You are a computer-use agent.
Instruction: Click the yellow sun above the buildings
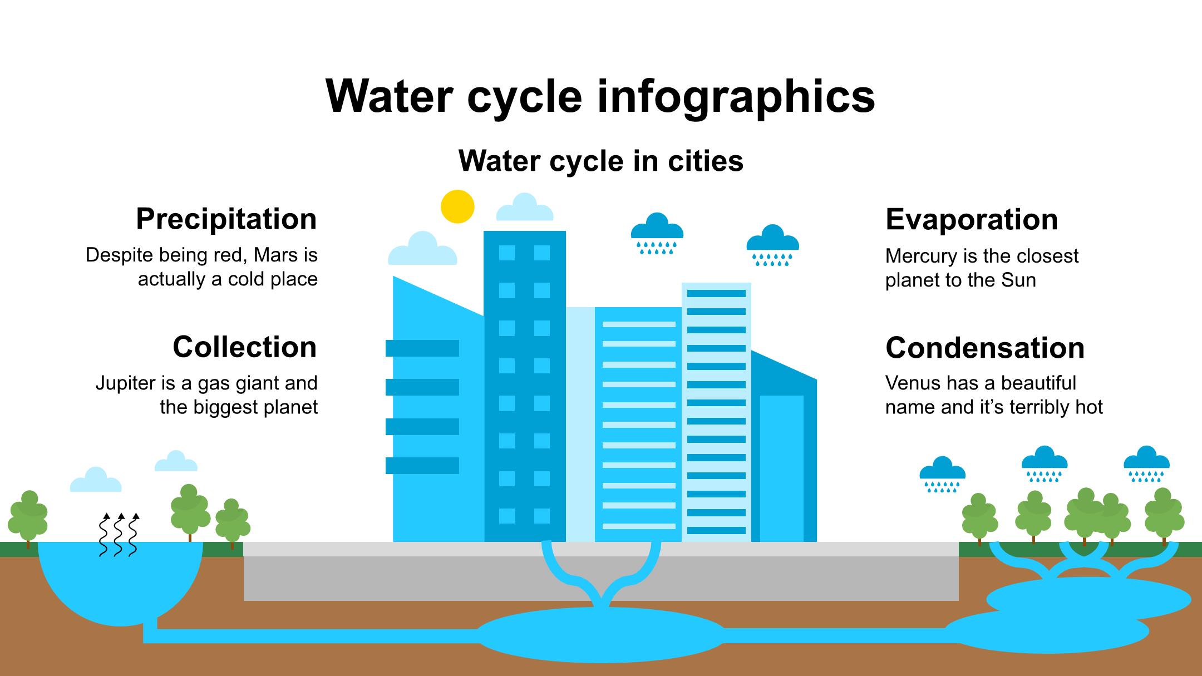pyautogui.click(x=457, y=206)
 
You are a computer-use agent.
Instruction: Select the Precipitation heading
pyautogui.click(x=226, y=219)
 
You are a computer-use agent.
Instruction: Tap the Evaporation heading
pyautogui.click(x=972, y=219)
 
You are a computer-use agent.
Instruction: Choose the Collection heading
pyautogui.click(x=245, y=347)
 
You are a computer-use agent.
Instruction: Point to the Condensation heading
pyautogui.click(x=985, y=348)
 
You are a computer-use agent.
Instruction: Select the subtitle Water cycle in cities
pyautogui.click(x=601, y=161)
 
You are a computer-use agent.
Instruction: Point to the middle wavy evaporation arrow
pyautogui.click(x=119, y=534)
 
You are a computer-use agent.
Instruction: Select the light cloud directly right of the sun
pyautogui.click(x=525, y=207)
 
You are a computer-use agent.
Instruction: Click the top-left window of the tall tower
pyautogui.click(x=507, y=253)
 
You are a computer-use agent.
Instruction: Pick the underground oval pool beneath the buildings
pyautogui.click(x=602, y=635)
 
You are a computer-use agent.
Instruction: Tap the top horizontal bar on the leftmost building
pyautogui.click(x=422, y=348)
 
